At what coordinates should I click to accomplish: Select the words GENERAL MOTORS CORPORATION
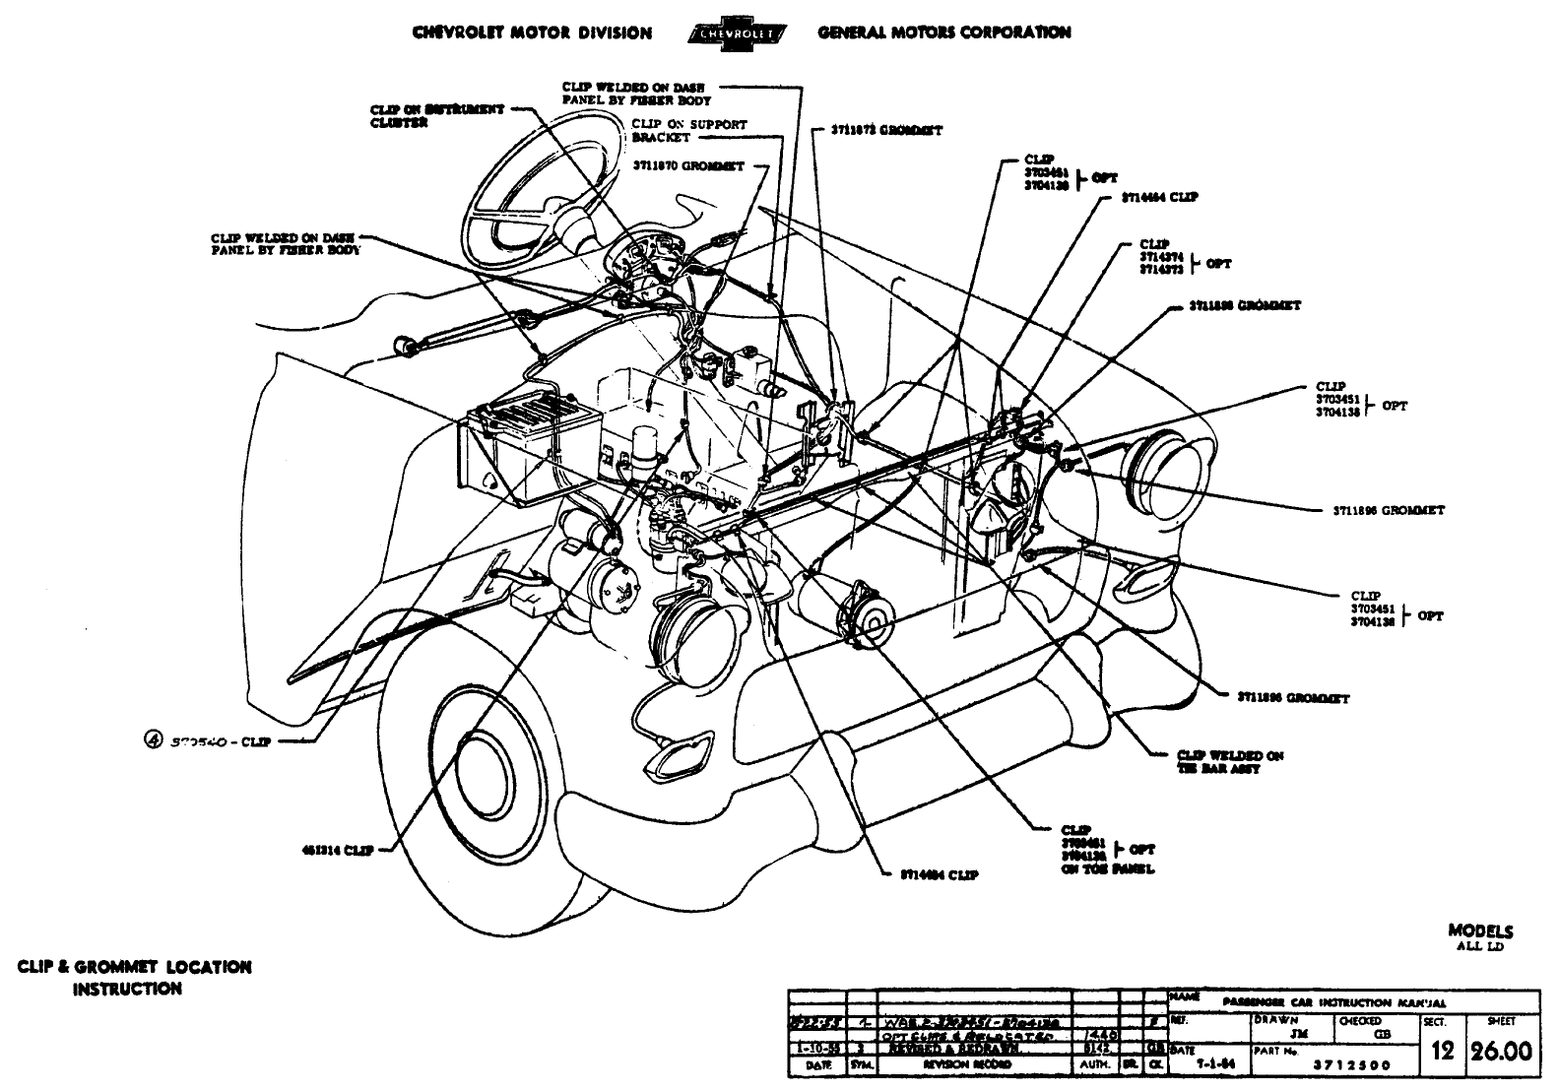(943, 32)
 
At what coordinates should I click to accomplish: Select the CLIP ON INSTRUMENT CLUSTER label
(437, 116)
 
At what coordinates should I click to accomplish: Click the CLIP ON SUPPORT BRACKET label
(688, 131)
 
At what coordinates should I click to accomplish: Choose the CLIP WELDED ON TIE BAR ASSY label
(1230, 761)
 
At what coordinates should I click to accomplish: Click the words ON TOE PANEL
(1107, 869)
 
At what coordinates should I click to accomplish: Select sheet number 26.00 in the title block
(1501, 1053)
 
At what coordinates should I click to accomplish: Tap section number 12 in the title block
(1443, 1053)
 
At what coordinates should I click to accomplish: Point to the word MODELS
(1480, 931)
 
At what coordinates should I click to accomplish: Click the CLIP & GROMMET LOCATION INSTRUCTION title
(134, 977)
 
